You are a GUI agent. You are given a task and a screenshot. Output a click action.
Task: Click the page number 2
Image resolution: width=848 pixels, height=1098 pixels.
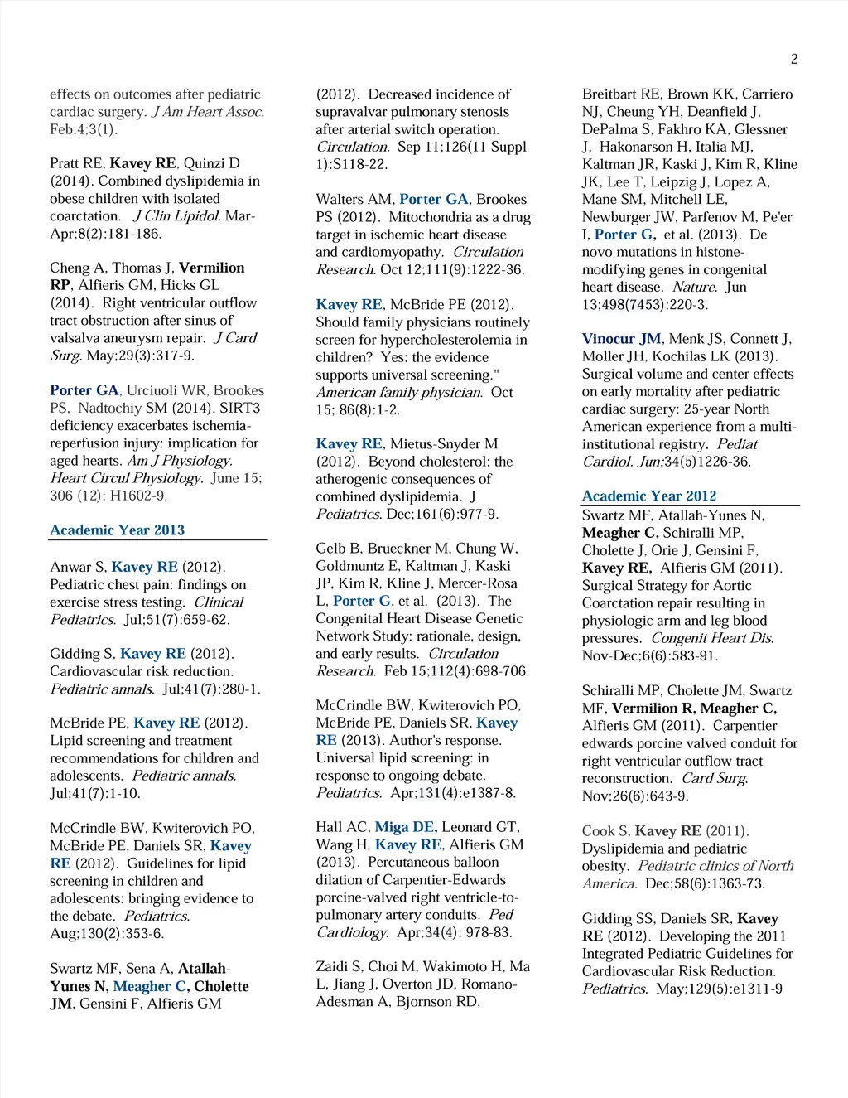[794, 59]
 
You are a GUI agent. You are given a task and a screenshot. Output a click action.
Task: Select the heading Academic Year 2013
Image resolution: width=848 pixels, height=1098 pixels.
[117, 530]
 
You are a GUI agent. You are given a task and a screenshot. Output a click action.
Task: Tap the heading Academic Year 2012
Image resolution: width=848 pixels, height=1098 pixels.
[649, 496]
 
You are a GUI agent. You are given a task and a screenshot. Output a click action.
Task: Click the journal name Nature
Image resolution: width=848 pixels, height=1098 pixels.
[694, 287]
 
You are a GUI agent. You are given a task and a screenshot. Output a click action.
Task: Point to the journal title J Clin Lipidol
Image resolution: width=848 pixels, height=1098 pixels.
[176, 216]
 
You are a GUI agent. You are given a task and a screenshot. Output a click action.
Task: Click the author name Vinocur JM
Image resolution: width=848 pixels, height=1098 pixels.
[621, 339]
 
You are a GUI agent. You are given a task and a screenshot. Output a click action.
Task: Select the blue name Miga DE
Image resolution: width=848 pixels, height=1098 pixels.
[404, 827]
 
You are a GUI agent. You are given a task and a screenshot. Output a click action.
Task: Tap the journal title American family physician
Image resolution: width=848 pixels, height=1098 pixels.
[398, 393]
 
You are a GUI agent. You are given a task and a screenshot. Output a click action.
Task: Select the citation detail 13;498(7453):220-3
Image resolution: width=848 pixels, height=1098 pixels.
[645, 305]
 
